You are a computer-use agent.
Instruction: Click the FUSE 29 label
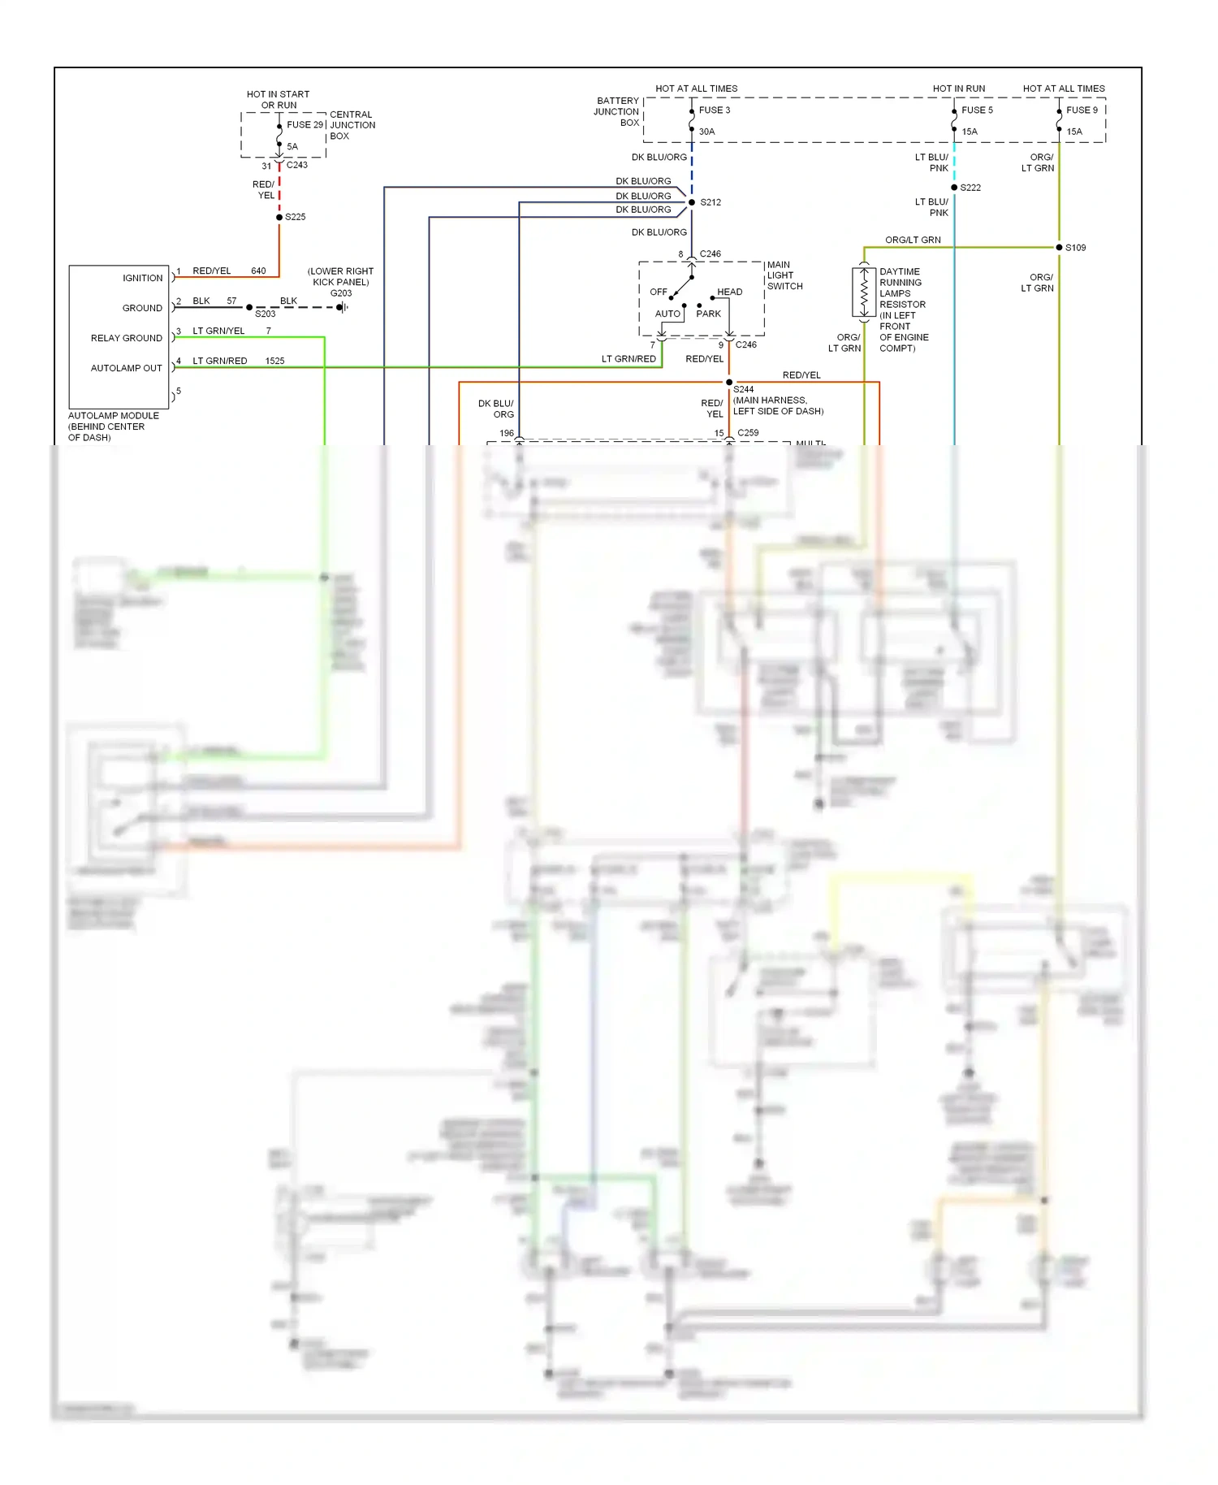[x=304, y=124]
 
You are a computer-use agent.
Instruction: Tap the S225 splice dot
[x=279, y=217]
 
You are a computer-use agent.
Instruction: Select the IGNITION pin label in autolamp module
[x=142, y=278]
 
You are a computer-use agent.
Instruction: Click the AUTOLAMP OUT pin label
[x=126, y=368]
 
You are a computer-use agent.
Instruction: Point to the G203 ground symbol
[x=343, y=307]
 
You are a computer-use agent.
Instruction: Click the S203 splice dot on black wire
[x=249, y=307]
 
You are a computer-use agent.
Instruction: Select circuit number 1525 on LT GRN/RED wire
[x=274, y=361]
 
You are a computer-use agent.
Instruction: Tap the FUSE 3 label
[x=715, y=110]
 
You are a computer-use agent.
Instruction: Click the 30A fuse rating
[x=706, y=132]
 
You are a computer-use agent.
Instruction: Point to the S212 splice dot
[x=692, y=202]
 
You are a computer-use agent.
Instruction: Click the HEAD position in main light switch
[x=729, y=292]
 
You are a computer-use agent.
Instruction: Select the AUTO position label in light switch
[x=667, y=314]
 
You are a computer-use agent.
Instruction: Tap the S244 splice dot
[x=729, y=382]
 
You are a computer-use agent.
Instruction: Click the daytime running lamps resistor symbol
[x=864, y=292]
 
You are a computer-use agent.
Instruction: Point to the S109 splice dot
[x=1059, y=247]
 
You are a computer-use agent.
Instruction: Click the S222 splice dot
[x=954, y=188]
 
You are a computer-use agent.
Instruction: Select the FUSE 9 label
[x=1082, y=110]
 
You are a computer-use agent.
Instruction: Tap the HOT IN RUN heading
[x=958, y=89]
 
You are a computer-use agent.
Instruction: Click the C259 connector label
[x=748, y=432]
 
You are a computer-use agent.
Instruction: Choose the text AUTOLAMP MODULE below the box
[x=113, y=415]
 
